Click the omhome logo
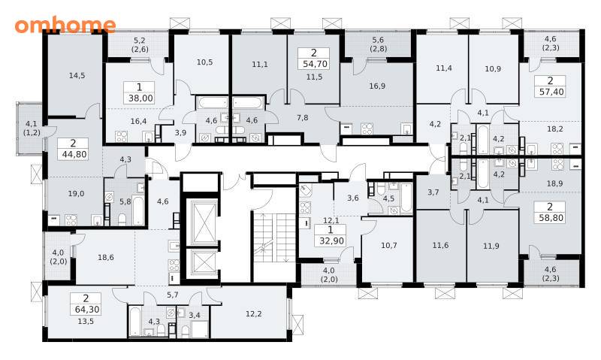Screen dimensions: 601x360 pos(65,25)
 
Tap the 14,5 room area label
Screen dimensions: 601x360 pos(77,75)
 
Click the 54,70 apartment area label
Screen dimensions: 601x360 pos(315,64)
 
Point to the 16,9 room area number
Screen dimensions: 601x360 pos(377,86)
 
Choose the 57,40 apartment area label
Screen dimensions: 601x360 pos(551,92)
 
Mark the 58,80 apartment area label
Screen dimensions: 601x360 pos(550,218)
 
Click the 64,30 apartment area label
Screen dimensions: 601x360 pos(86,309)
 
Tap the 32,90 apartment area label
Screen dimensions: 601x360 pos(331,241)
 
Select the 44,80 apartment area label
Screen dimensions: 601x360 pos(73,155)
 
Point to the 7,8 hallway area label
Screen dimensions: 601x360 pos(303,118)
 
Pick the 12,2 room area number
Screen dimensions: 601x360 pos(254,313)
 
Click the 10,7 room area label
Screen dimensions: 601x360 pos(389,245)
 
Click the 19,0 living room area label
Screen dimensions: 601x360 pos(76,194)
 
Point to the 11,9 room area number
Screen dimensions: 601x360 pos(491,246)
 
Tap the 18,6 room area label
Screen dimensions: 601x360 pos(106,257)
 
